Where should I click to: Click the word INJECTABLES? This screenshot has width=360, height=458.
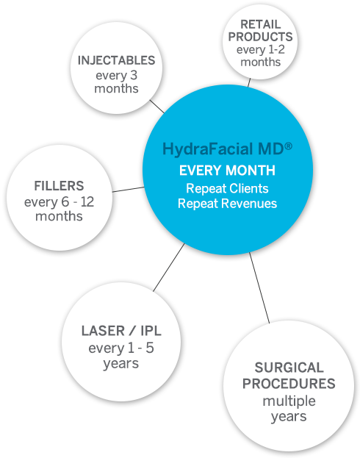coord(116,61)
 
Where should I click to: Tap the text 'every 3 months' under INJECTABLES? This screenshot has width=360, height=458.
coord(116,82)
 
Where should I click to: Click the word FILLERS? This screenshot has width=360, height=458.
coord(59,186)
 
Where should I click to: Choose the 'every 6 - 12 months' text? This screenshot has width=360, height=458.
coord(59,209)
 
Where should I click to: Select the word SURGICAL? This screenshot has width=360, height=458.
coord(289,367)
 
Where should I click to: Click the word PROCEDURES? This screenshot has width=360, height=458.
coord(289,384)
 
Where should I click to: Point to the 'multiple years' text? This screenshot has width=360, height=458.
coord(289,409)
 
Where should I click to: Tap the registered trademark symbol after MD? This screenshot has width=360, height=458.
coord(289,146)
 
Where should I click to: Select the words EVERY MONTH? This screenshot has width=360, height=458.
coord(227,171)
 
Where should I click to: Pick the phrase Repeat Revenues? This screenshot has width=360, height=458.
coord(227,203)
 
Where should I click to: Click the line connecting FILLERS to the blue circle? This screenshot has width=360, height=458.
coord(128,190)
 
